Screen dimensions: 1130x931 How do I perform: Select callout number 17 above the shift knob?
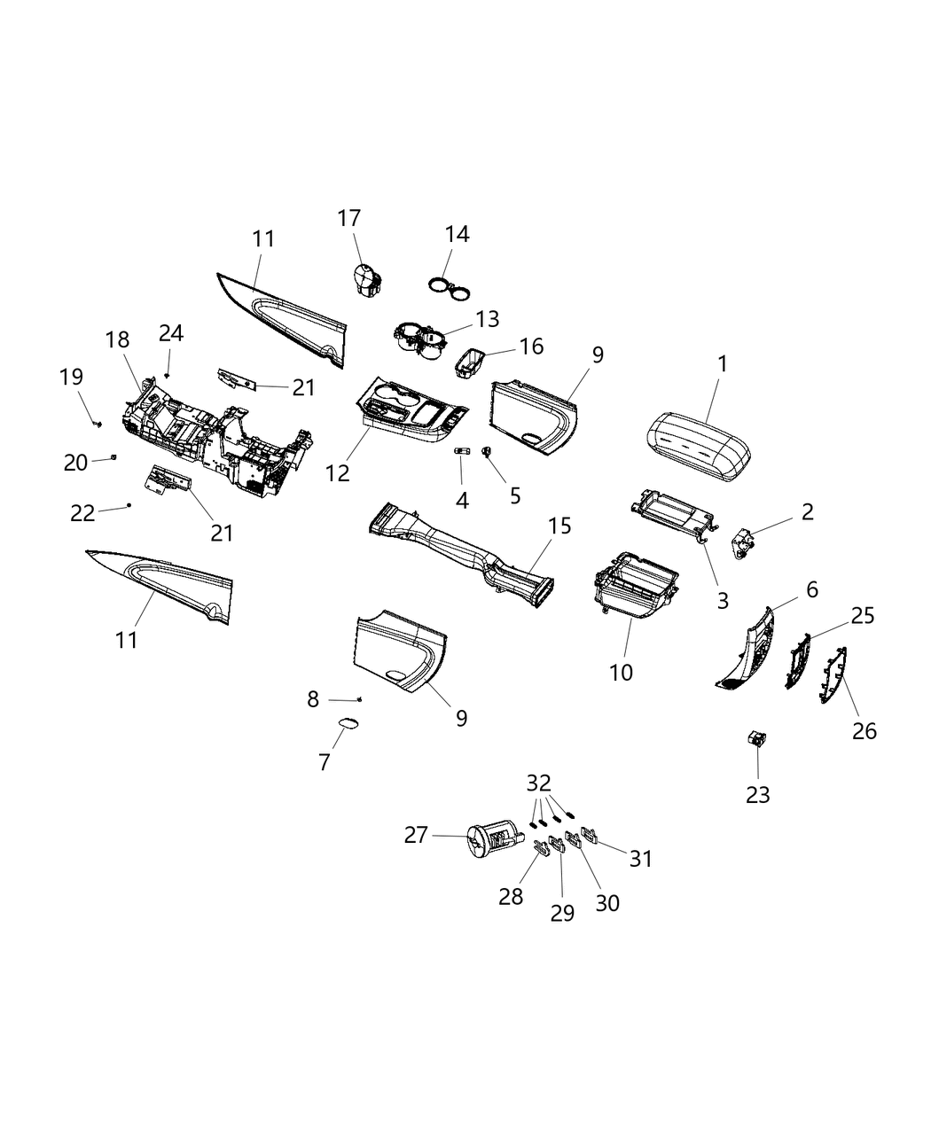point(349,218)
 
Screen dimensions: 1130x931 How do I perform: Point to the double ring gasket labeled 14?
point(450,286)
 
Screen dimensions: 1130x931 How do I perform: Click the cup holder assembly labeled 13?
point(419,341)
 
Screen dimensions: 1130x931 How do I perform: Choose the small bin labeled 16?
point(470,362)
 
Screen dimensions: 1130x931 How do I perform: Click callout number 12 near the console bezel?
point(338,472)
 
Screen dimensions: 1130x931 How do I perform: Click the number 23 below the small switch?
point(758,794)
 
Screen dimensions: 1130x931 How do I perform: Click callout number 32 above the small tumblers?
point(538,783)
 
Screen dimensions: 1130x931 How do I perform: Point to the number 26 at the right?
point(864,730)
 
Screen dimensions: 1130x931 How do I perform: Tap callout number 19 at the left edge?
point(71,377)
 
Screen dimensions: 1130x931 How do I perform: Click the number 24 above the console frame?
point(171,333)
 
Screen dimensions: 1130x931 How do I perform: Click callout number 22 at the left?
point(82,513)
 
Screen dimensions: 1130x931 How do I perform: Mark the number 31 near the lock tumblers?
point(641,858)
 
